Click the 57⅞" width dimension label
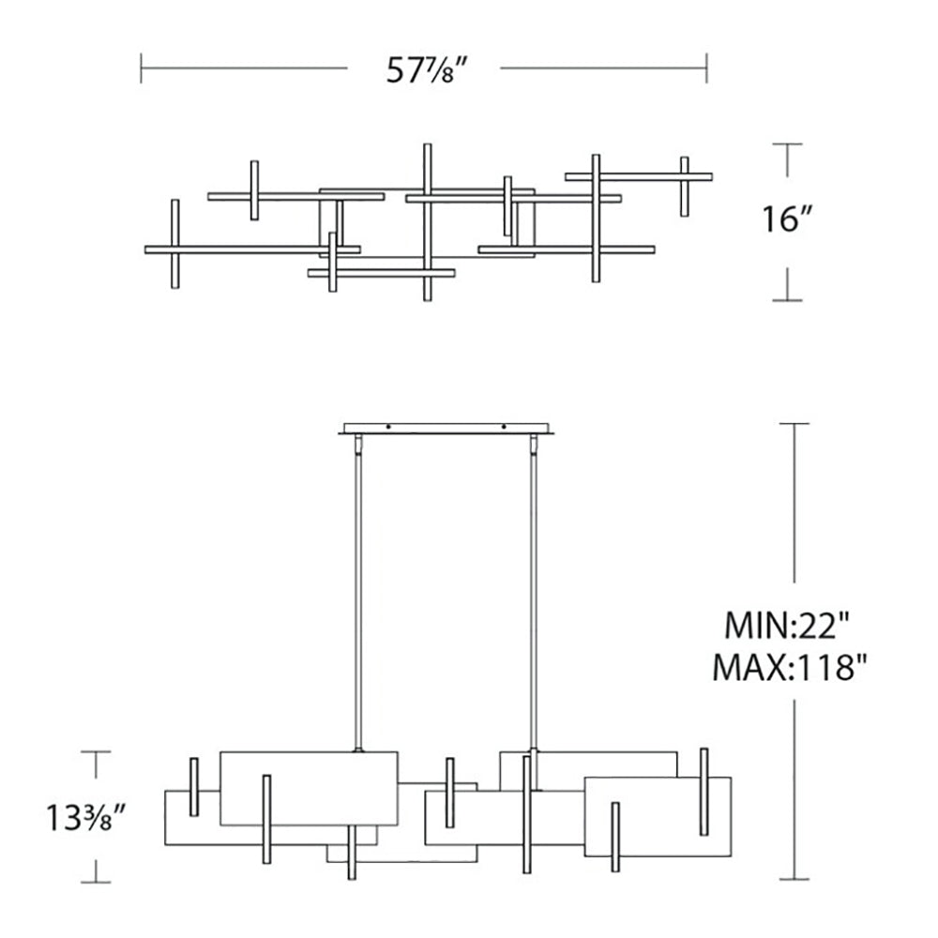tap(425, 70)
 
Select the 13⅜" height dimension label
tap(85, 818)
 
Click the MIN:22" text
tap(787, 626)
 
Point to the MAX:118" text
tap(790, 667)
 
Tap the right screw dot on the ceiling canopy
tap(504, 427)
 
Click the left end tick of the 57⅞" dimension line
tap(142, 68)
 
